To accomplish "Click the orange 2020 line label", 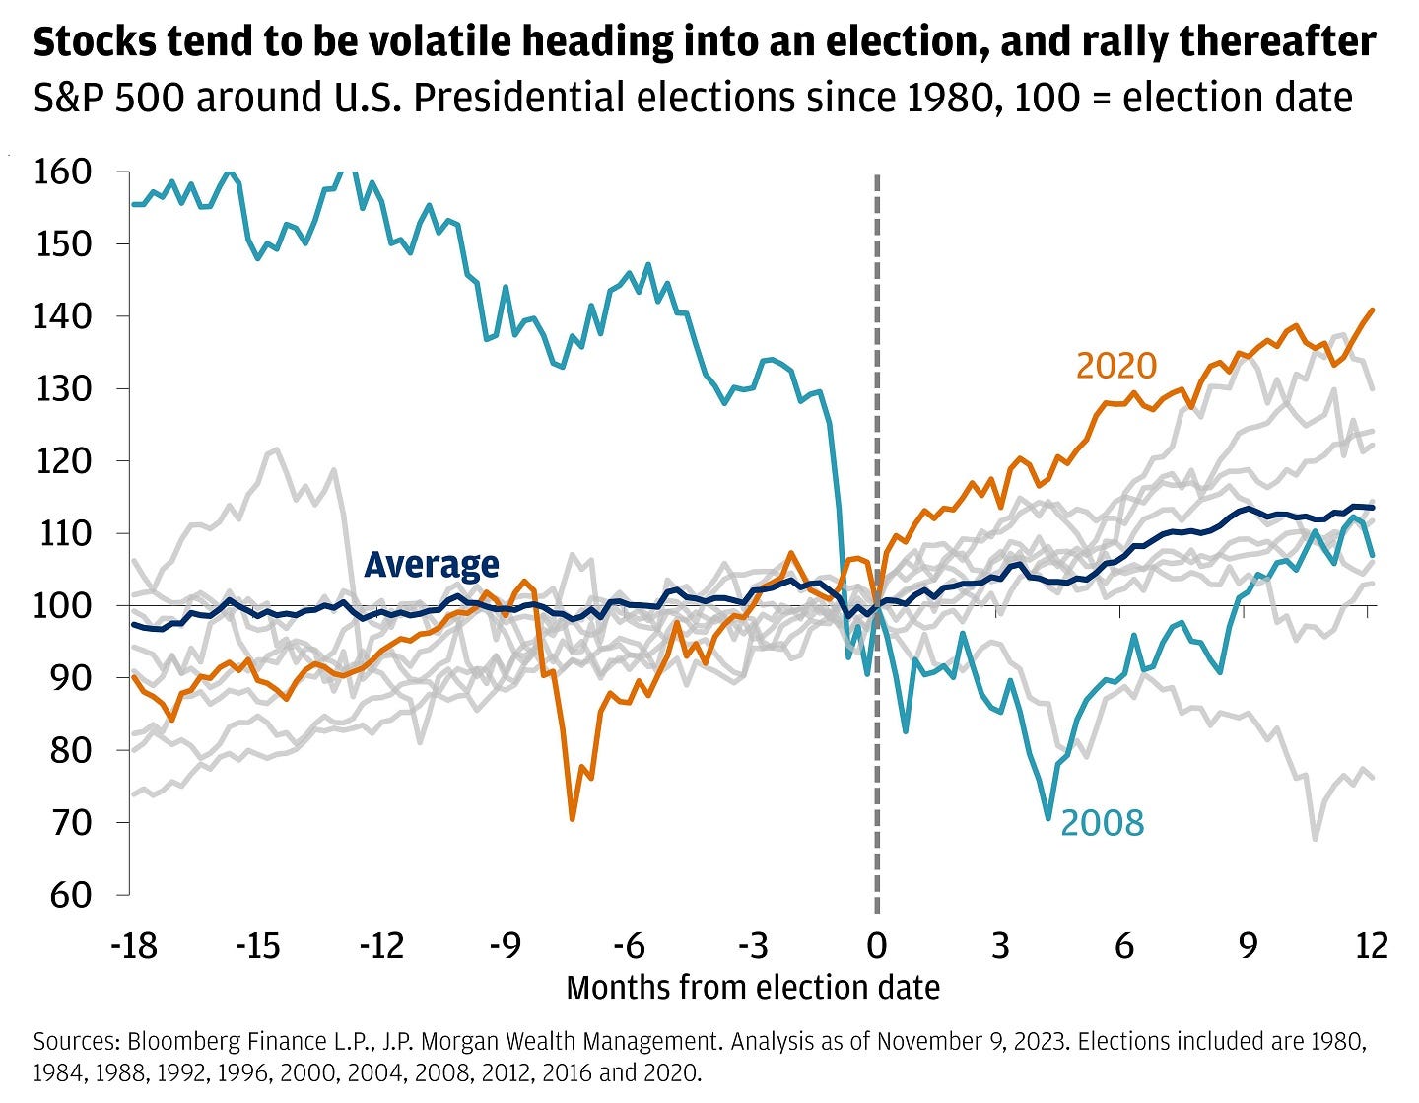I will tap(1115, 366).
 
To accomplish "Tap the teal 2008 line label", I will tap(1102, 822).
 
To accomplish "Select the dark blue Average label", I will tap(432, 564).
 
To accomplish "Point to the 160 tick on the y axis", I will tap(63, 172).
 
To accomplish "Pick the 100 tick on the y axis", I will tap(63, 605).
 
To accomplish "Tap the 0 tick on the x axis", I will tap(876, 946).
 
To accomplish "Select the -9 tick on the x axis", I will tap(505, 946).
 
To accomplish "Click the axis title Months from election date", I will tap(753, 987).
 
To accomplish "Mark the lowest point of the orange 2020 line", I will tap(572, 818).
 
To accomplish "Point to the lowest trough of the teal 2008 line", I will tap(1048, 817).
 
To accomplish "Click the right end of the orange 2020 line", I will tap(1372, 310).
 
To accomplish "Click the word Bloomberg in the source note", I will tap(163, 1042).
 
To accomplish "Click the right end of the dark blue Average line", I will tap(1372, 508).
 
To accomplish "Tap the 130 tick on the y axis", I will tap(63, 388).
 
